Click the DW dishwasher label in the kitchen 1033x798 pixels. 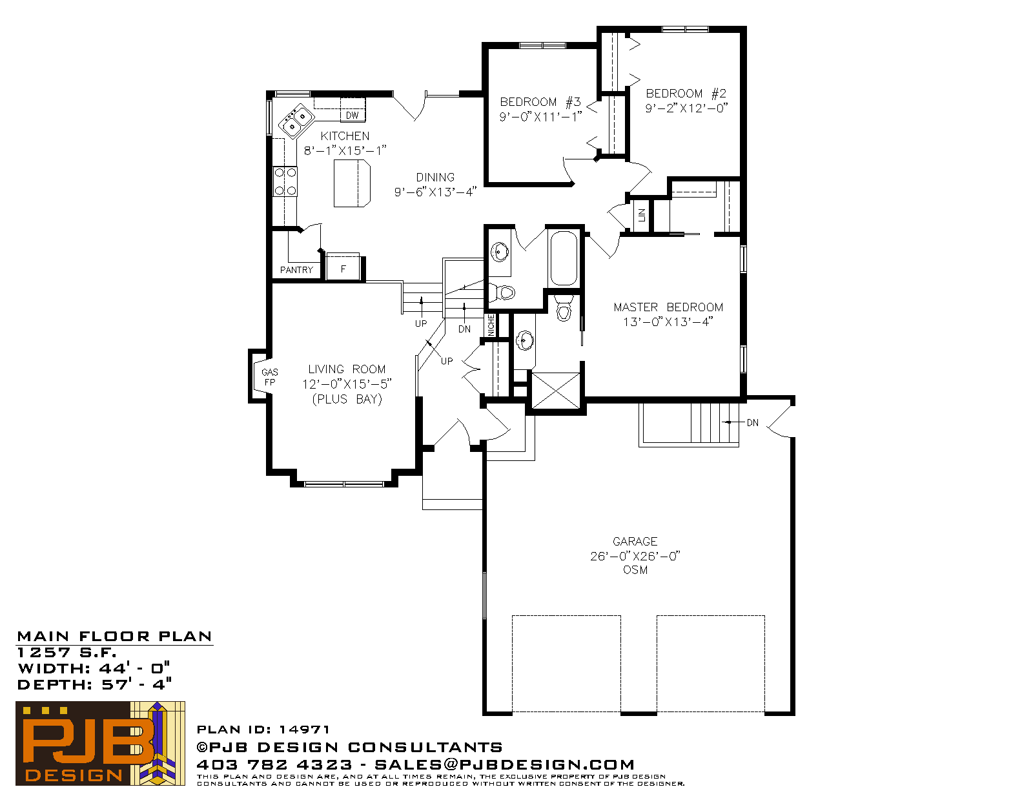click(352, 116)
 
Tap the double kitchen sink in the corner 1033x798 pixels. click(295, 121)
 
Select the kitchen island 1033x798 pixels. click(352, 183)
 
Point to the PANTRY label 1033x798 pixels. click(296, 270)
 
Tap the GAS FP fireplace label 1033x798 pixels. click(269, 378)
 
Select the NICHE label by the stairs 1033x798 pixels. click(491, 325)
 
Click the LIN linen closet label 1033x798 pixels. click(642, 215)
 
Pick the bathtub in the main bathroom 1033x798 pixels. click(564, 258)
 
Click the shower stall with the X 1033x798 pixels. click(556, 391)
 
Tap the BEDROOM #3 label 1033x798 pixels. click(540, 102)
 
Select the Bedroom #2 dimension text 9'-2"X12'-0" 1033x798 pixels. click(686, 108)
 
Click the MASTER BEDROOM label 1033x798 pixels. click(668, 307)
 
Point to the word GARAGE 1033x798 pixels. click(635, 541)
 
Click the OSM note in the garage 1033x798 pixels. click(635, 570)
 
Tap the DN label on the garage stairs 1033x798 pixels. click(753, 422)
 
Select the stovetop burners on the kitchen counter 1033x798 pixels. click(285, 181)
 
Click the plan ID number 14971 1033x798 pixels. click(304, 729)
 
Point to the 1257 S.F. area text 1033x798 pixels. click(67, 652)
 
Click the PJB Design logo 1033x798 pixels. click(100, 743)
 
